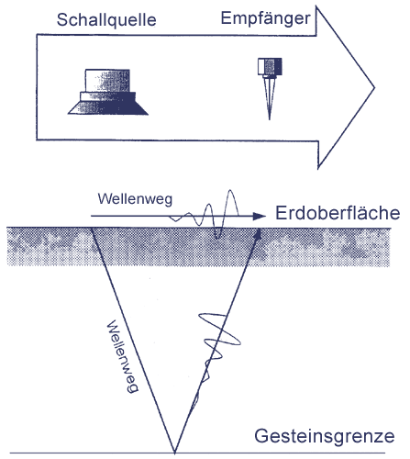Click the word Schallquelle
pos(106,20)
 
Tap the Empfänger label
pos(265,18)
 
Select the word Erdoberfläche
pos(338,213)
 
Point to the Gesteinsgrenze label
pos(325,436)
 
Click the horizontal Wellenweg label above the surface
pos(135,199)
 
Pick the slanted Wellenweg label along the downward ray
pos(123,356)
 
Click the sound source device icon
pos(108,92)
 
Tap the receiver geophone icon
pos(270,88)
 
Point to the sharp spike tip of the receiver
pos(270,119)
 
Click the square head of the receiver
pos(270,66)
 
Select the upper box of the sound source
pos(107,81)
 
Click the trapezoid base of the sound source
pos(108,108)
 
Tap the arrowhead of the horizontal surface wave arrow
pos(260,216)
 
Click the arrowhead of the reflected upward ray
pos(258,233)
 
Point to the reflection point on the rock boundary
pos(174,453)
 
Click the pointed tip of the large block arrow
pos(374,88)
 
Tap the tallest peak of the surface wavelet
pos(230,191)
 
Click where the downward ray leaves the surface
pos(91,229)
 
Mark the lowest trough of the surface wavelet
pos(217,238)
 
